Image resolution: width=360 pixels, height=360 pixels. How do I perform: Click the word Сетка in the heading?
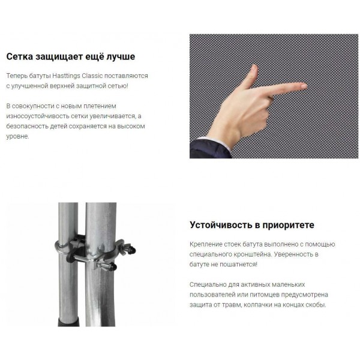coord(20,56)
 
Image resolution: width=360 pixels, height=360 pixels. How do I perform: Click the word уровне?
coord(17,136)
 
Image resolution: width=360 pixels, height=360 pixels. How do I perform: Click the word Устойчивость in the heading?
coord(221,225)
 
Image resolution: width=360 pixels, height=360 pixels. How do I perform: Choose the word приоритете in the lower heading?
coord(288,225)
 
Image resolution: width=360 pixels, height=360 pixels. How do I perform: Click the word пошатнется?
coord(238,265)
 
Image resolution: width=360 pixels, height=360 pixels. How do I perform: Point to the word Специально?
coord(208,284)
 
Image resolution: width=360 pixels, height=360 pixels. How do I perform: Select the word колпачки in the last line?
coord(258,305)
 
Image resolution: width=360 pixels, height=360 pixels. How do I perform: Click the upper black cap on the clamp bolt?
coord(132,250)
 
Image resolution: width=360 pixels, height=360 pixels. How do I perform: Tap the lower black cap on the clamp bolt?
coord(113,266)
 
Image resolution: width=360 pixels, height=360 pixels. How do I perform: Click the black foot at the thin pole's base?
coord(68,322)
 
